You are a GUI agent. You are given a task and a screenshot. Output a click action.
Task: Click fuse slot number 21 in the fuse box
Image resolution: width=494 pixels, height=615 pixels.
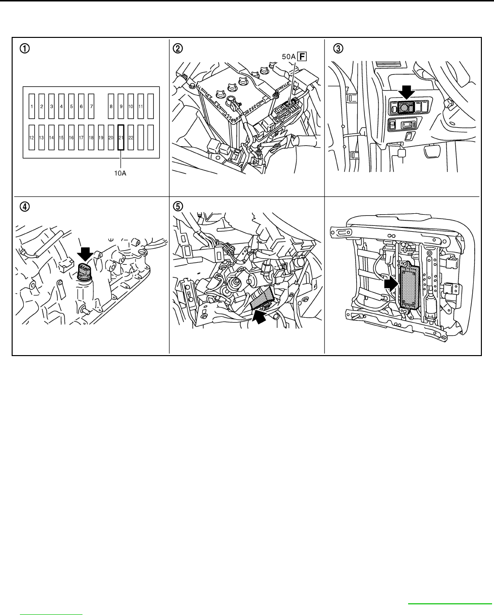click(x=121, y=137)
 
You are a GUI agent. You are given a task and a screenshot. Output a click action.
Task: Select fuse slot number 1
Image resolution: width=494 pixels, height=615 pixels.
click(x=32, y=106)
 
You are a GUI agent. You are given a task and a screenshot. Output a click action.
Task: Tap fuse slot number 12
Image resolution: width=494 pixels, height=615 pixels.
click(x=32, y=137)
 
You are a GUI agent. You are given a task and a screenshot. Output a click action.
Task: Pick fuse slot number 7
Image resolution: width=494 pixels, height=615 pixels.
click(x=91, y=106)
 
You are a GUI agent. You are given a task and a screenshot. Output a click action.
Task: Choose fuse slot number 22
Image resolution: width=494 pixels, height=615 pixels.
click(x=131, y=137)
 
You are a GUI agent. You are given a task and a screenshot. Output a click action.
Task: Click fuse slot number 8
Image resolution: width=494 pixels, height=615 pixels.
click(x=111, y=106)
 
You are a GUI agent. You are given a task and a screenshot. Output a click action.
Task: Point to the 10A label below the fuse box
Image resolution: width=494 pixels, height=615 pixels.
click(x=120, y=172)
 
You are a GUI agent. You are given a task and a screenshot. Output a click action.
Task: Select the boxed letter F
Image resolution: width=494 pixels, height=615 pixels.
click(x=302, y=57)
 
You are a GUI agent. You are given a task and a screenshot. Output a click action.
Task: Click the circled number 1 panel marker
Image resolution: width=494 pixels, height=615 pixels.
click(x=23, y=48)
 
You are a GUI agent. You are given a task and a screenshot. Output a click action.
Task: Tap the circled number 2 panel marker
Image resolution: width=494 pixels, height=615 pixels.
click(x=179, y=48)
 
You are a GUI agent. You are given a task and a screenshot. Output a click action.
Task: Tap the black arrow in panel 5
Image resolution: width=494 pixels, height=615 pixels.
click(x=260, y=317)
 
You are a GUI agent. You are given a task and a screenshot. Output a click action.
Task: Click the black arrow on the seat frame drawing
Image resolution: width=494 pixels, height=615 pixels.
click(x=391, y=284)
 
